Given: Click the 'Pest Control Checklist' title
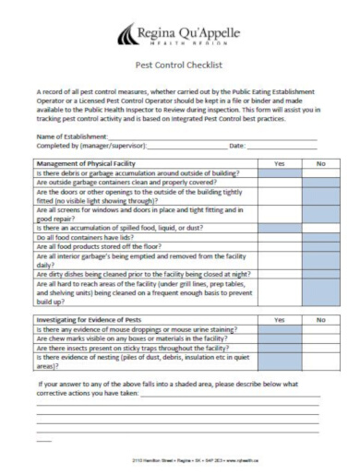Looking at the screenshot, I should [179, 65].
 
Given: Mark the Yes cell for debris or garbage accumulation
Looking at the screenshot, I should [280, 172].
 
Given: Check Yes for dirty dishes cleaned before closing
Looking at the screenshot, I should [280, 274].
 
